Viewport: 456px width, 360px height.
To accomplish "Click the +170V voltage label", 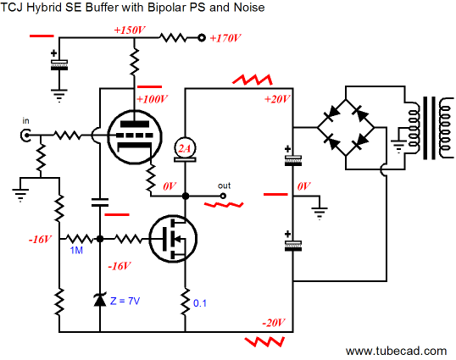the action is (x=225, y=38).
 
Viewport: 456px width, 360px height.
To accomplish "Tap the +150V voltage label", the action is (x=130, y=30).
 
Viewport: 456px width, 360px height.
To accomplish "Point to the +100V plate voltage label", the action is (x=152, y=99).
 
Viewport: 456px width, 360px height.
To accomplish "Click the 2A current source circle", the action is (x=185, y=148).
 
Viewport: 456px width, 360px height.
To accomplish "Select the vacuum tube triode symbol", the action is (x=135, y=136).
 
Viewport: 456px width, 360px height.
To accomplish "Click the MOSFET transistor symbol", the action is (x=173, y=239).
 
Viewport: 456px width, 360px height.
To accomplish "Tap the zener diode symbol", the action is (x=100, y=300).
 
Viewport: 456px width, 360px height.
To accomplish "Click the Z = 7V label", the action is (x=125, y=301).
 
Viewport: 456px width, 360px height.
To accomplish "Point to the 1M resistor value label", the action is (x=76, y=250).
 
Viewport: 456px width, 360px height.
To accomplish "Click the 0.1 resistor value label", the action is (x=200, y=303).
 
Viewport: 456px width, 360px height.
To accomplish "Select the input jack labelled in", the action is (x=26, y=136).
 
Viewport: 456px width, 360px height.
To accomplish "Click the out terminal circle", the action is (x=223, y=196).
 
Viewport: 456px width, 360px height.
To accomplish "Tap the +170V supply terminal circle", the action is (x=202, y=38).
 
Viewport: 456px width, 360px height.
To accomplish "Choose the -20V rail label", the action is (x=274, y=323).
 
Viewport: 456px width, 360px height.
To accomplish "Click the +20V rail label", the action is (x=277, y=99).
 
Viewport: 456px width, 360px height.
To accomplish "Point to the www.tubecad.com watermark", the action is (x=396, y=351).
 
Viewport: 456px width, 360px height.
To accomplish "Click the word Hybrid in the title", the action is (x=43, y=8).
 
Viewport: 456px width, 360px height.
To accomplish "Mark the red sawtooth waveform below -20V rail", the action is (x=264, y=341).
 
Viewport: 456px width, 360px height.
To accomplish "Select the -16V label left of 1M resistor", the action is (x=40, y=240).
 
